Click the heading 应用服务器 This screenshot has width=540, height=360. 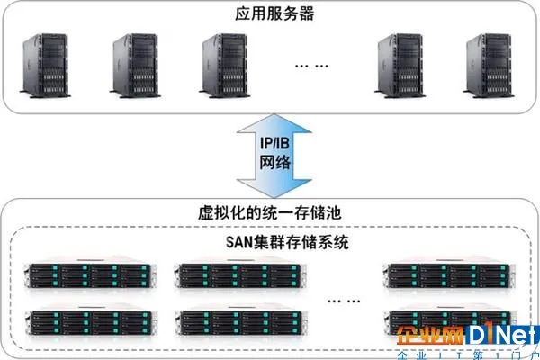(x=274, y=13)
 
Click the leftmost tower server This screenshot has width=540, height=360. (x=45, y=66)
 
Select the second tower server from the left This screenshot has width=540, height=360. (x=135, y=66)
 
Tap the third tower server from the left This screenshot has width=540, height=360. (x=224, y=66)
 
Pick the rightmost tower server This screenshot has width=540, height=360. (x=489, y=66)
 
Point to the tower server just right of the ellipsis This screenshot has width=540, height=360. (x=400, y=66)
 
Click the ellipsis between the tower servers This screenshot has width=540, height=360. (x=311, y=66)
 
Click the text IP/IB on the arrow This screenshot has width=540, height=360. (x=274, y=143)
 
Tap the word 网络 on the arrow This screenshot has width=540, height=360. (x=274, y=162)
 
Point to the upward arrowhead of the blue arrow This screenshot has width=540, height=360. (x=274, y=123)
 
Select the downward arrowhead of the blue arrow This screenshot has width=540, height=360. (x=274, y=189)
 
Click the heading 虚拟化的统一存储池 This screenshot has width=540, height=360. (x=270, y=212)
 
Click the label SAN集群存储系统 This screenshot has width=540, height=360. (x=287, y=242)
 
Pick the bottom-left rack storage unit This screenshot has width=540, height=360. (x=91, y=321)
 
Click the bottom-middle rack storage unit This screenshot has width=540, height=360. (x=241, y=321)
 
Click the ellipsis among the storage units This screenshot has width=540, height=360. (x=344, y=301)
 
